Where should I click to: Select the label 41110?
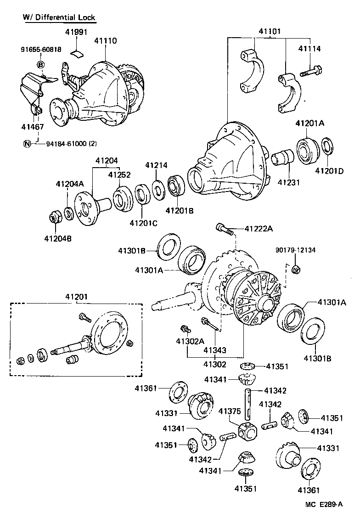[x=106, y=41]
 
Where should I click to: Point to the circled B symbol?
[x=40, y=65]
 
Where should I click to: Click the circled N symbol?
[x=27, y=144]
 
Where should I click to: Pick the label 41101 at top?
[x=270, y=32]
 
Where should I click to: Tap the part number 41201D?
[x=329, y=171]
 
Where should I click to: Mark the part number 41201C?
[x=143, y=223]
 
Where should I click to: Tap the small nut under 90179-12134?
[x=296, y=269]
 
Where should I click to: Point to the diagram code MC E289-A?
[x=324, y=504]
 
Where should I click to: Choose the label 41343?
[x=215, y=350]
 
